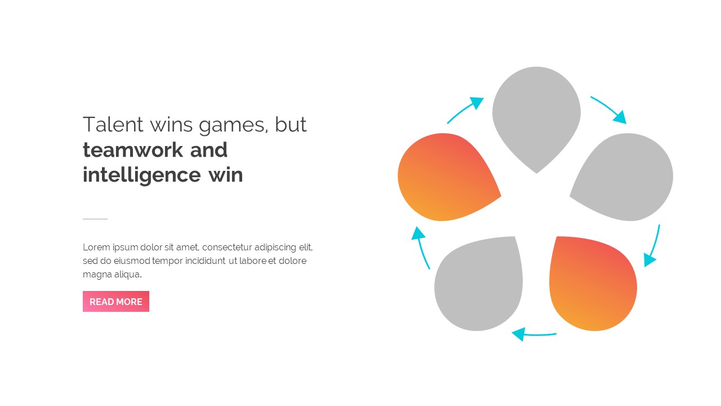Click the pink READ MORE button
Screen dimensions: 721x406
click(x=116, y=301)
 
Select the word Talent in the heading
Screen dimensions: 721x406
click(x=113, y=125)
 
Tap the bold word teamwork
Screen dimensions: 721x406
click(x=132, y=150)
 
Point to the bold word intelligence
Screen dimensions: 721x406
click(x=141, y=175)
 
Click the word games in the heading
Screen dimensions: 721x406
click(x=233, y=126)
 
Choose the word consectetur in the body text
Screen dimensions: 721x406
click(x=226, y=247)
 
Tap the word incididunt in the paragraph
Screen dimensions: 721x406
click(x=206, y=261)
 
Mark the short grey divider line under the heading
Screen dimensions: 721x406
click(x=95, y=219)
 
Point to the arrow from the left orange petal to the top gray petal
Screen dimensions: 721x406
click(x=464, y=109)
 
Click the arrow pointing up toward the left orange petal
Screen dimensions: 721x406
click(x=420, y=246)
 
